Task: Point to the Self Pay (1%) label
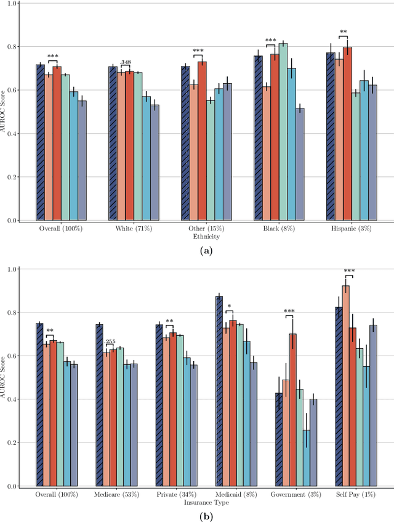pyautogui.click(x=356, y=495)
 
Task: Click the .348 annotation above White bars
pyautogui.click(x=126, y=62)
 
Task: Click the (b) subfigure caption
pyautogui.click(x=206, y=516)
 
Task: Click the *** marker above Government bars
pyautogui.click(x=289, y=311)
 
